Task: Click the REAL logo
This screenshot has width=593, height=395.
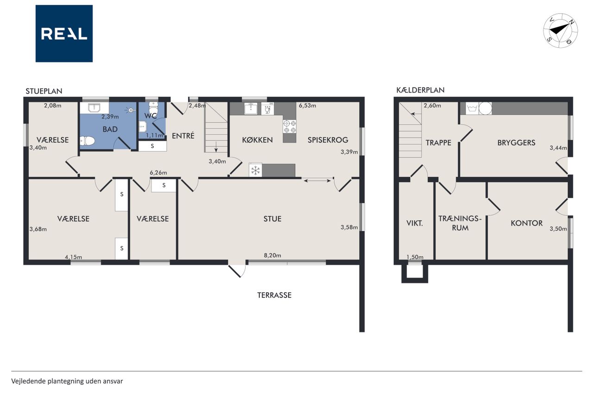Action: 64,34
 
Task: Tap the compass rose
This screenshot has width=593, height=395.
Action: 561,31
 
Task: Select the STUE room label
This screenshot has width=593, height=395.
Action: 272,219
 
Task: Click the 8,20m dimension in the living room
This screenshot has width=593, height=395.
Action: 272,255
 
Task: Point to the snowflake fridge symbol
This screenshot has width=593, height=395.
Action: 255,170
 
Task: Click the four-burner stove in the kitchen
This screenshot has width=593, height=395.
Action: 290,126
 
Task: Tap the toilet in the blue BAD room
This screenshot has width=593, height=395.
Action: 87,141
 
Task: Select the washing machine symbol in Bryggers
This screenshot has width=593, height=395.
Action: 472,108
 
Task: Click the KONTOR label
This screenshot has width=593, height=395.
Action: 527,223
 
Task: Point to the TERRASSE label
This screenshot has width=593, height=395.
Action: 274,295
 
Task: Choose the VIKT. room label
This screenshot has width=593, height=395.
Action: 415,223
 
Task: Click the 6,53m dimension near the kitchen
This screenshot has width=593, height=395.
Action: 307,106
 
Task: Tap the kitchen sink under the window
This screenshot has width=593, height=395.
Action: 251,108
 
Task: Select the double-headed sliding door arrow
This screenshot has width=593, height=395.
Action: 317,181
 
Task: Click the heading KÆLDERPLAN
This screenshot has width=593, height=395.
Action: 420,90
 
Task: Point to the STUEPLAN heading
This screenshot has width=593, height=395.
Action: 44,91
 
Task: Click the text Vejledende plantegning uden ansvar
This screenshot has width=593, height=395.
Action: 67,381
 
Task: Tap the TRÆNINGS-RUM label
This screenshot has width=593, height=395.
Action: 460,223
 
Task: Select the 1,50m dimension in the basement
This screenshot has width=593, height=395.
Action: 415,257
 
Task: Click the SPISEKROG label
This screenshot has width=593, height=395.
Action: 328,140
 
